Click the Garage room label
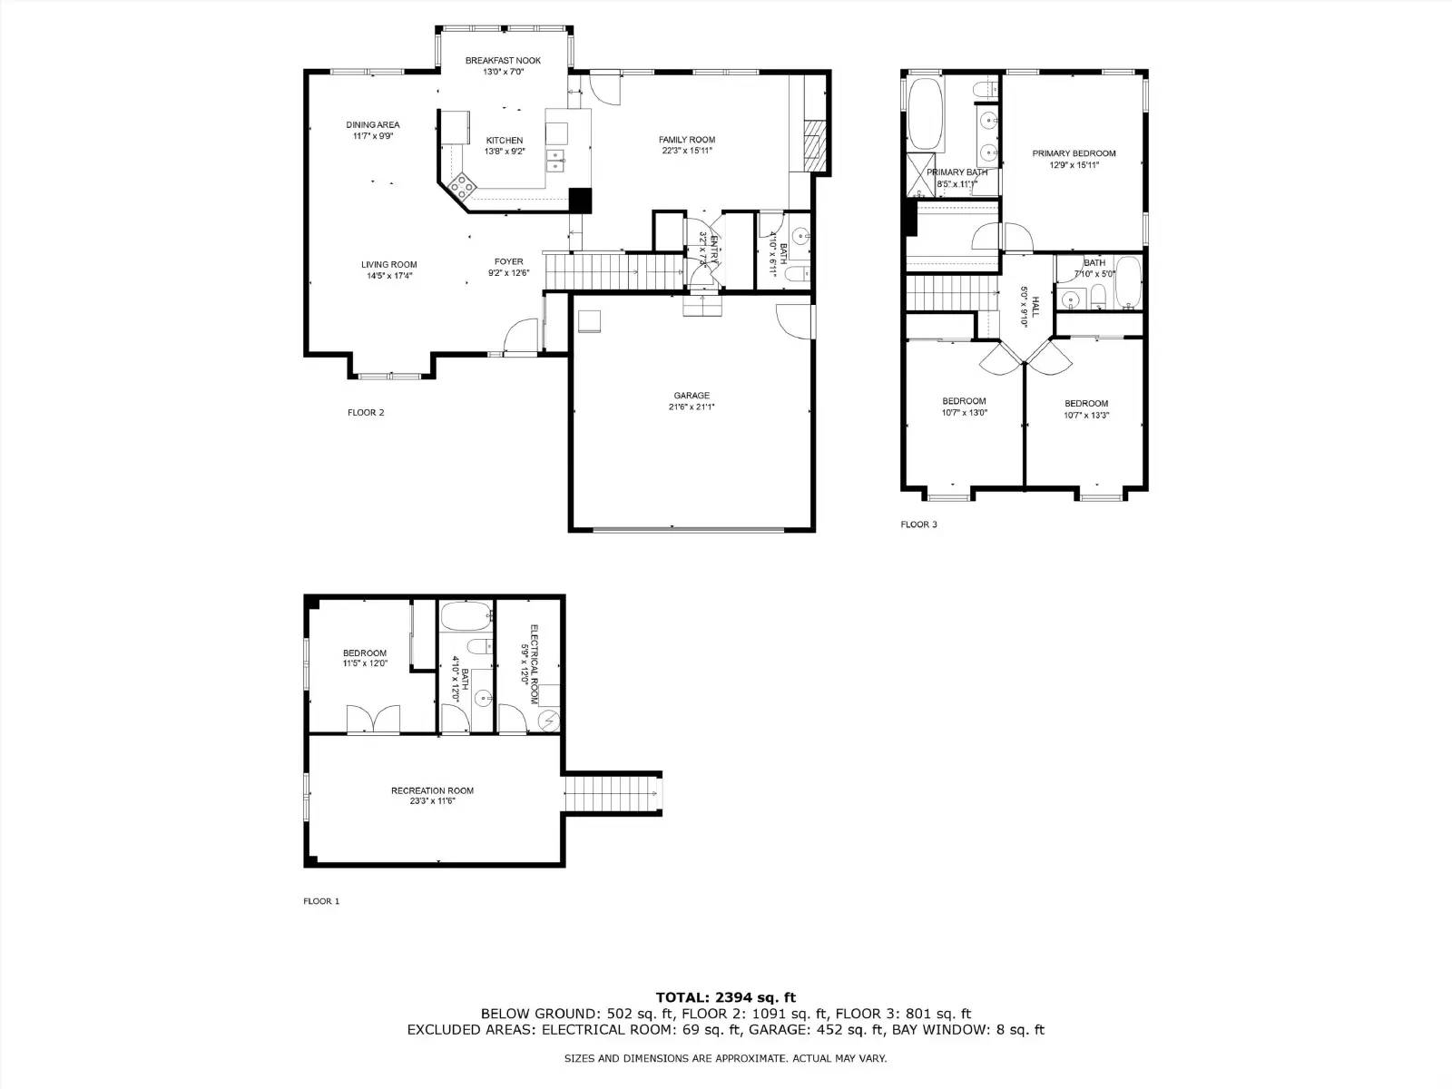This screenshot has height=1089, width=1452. coord(692,396)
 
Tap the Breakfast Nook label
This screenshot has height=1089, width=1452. coord(503,61)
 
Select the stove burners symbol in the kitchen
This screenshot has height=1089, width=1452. coord(462,186)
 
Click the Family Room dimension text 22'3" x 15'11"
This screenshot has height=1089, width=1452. coord(687,152)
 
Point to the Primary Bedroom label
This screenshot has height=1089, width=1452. coord(1074,153)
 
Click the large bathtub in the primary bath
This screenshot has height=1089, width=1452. coord(926,114)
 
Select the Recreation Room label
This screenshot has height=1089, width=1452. coord(432,790)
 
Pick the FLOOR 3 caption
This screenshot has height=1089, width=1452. coord(918,525)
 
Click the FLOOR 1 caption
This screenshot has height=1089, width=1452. coord(320,901)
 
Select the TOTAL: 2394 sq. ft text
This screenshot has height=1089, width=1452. coord(725,997)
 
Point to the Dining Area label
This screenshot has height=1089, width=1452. coord(372,125)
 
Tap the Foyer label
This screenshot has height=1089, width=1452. coord(508,261)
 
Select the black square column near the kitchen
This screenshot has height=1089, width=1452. coord(580,200)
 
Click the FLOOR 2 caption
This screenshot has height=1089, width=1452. coord(366,413)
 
